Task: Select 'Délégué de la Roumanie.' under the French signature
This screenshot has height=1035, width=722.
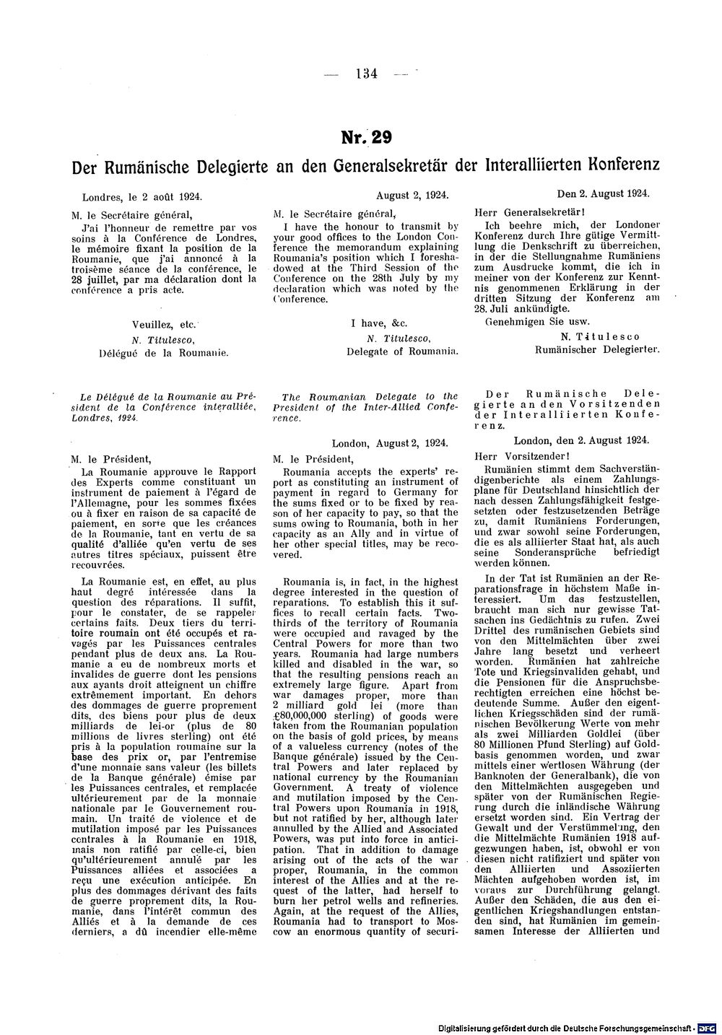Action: click(162, 352)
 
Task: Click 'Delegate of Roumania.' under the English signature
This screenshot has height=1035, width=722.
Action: click(403, 352)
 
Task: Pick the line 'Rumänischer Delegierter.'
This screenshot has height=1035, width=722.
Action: click(598, 349)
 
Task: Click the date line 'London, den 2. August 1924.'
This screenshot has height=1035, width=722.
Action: click(581, 440)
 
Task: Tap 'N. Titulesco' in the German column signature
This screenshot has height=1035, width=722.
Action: click(599, 336)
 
